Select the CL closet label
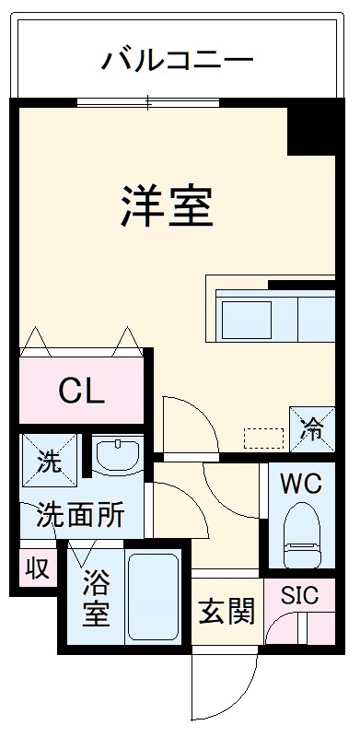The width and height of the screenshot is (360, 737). (x=81, y=392)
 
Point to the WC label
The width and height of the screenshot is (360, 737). (x=301, y=485)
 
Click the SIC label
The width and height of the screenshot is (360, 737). (x=300, y=596)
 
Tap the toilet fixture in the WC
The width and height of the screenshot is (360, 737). (x=302, y=534)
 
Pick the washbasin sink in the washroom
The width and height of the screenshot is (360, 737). (x=117, y=456)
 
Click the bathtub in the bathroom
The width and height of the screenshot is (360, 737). (x=154, y=599)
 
